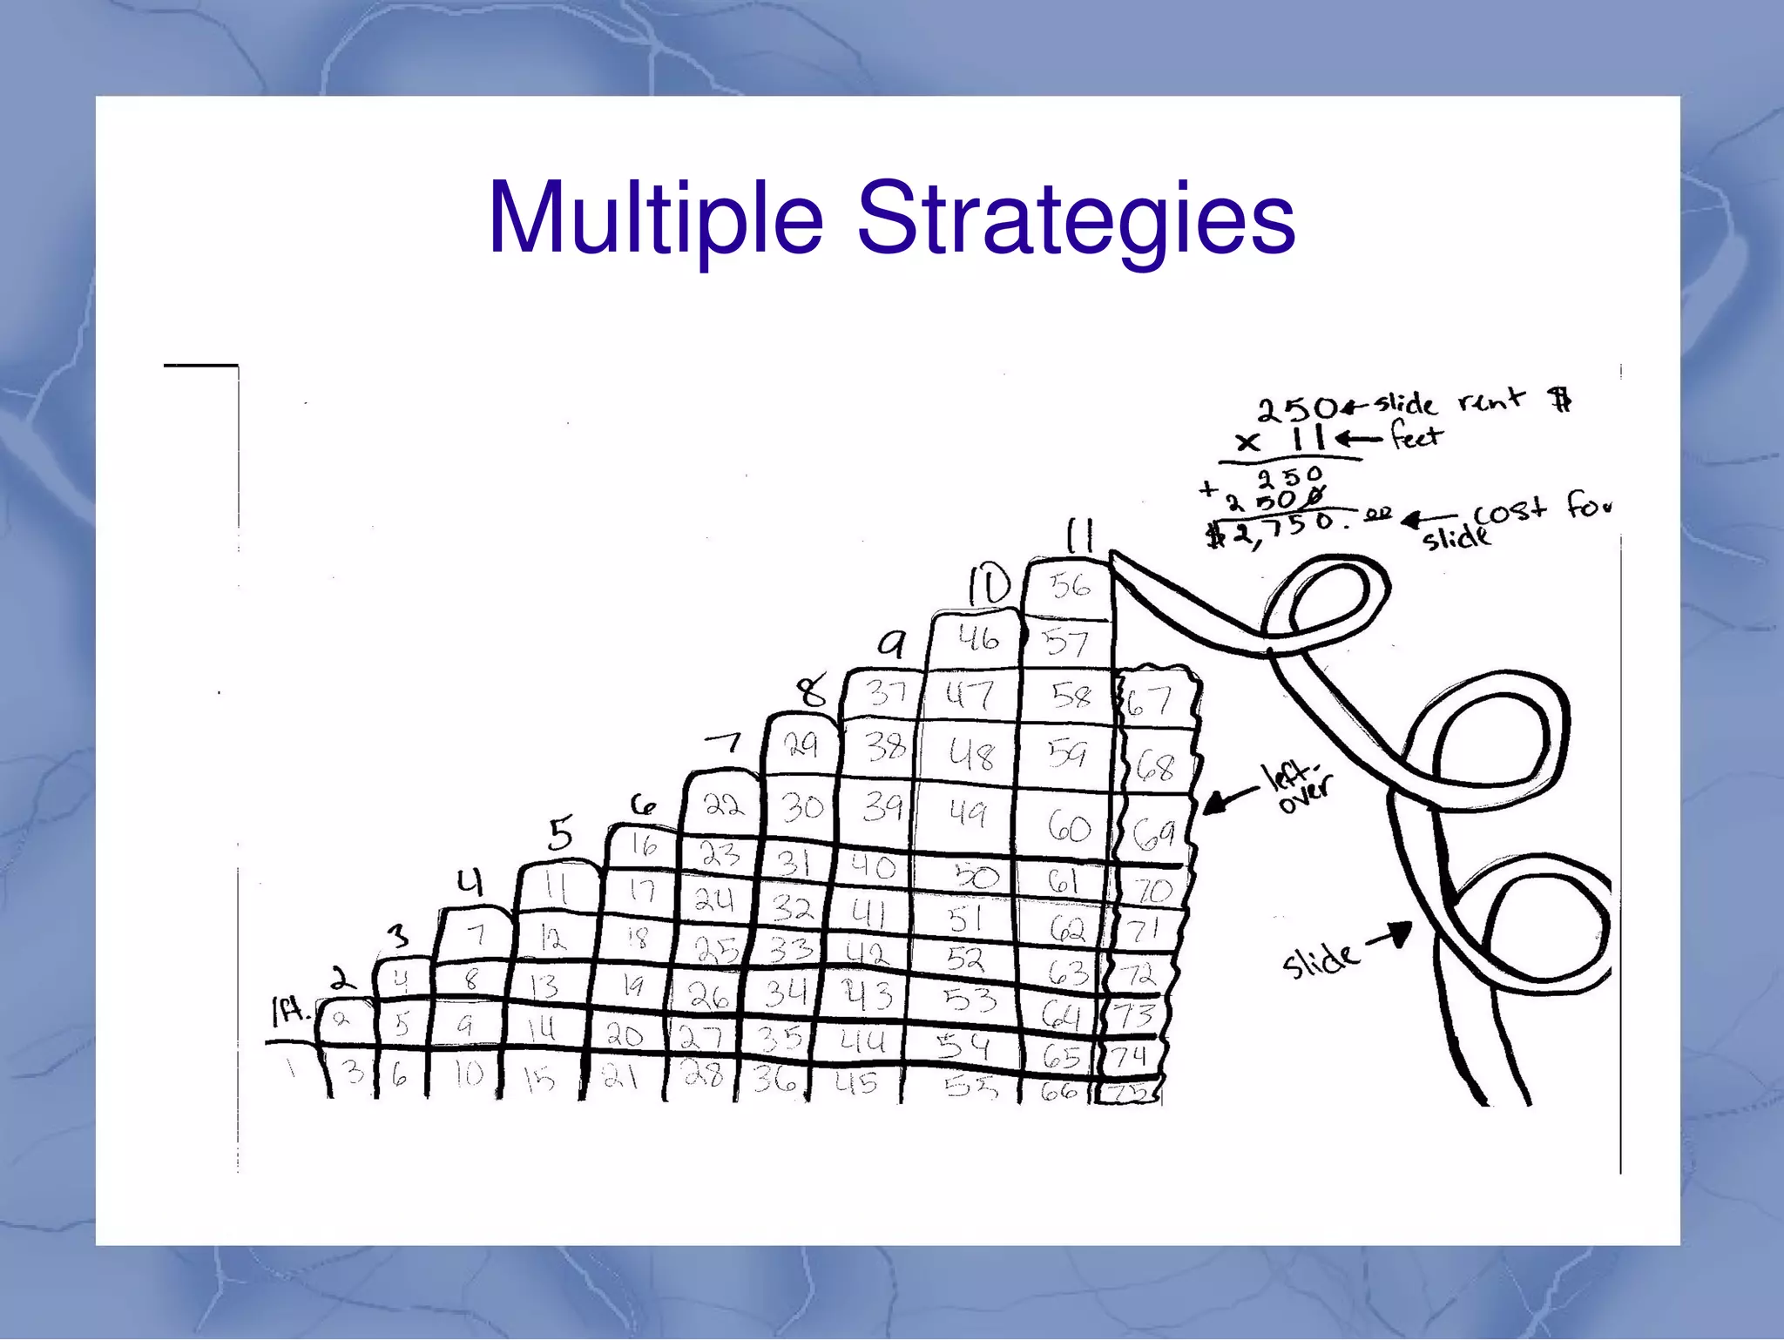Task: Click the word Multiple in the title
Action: point(655,219)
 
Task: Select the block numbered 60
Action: point(1069,827)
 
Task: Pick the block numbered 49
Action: point(967,814)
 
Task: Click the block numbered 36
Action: point(774,1081)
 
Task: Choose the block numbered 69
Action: point(1155,833)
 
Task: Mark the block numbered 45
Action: point(856,1082)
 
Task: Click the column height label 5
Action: point(560,834)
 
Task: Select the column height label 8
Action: point(813,692)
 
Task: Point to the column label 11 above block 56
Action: point(1080,535)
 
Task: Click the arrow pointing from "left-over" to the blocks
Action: point(1229,799)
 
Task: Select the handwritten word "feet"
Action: point(1416,435)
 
